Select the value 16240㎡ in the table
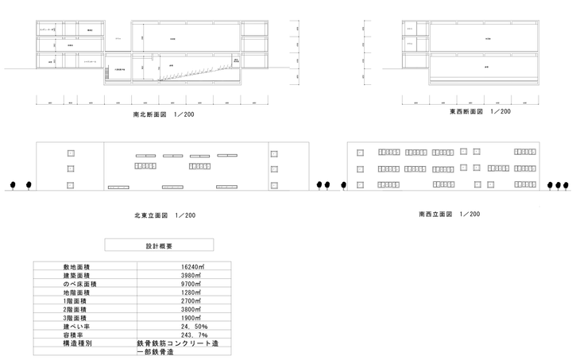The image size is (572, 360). pyautogui.click(x=189, y=267)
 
